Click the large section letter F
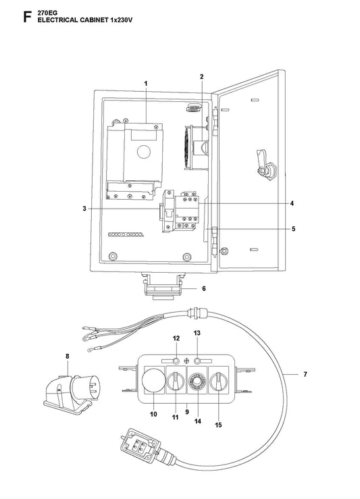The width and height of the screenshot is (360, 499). pyautogui.click(x=27, y=17)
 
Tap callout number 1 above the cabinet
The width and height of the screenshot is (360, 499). pyautogui.click(x=146, y=83)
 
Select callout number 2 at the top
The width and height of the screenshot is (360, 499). pyautogui.click(x=202, y=76)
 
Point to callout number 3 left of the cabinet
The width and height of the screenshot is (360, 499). pyautogui.click(x=84, y=209)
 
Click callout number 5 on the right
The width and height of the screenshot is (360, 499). pyautogui.click(x=293, y=229)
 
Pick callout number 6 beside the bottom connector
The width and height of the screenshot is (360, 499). pyautogui.click(x=204, y=288)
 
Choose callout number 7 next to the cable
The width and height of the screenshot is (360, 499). pyautogui.click(x=305, y=374)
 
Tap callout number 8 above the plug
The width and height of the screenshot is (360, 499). pyautogui.click(x=67, y=357)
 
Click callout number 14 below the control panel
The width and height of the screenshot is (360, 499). pyautogui.click(x=198, y=421)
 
